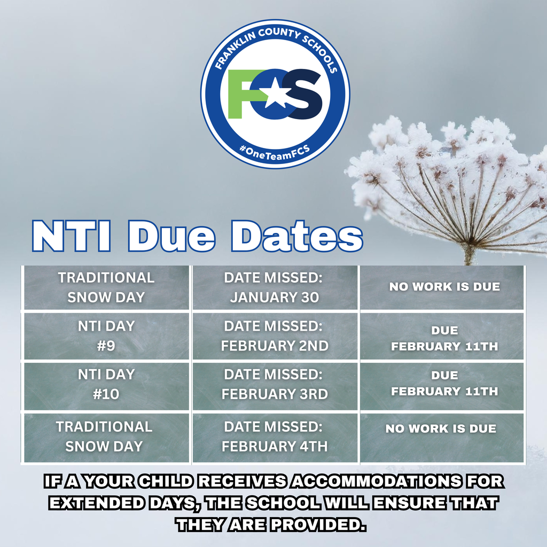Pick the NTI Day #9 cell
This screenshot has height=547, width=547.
[106, 335]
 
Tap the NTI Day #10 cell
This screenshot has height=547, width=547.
[106, 384]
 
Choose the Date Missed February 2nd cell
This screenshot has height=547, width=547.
[275, 335]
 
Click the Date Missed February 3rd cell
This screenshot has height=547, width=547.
[275, 384]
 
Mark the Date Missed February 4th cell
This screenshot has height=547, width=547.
[275, 436]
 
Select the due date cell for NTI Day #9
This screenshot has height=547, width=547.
[444, 339]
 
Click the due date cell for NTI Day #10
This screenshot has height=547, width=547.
[444, 384]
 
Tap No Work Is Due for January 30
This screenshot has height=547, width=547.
[444, 286]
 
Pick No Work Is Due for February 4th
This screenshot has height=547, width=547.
[441, 428]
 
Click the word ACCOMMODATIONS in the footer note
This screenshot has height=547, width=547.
[375, 481]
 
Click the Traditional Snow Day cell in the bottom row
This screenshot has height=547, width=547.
[105, 436]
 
